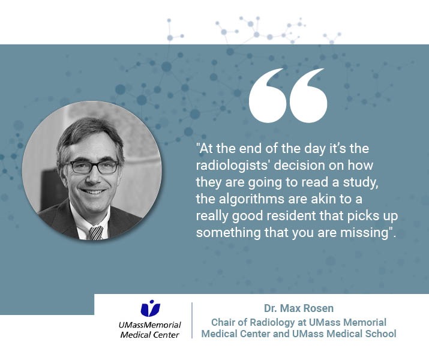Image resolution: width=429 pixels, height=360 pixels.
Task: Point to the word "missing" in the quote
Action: [x=364, y=233]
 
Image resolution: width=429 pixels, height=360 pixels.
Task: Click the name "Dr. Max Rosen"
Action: [x=298, y=308]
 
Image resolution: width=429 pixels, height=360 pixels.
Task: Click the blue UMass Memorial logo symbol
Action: [x=150, y=308]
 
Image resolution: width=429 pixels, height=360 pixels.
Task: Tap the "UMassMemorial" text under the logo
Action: [x=149, y=325]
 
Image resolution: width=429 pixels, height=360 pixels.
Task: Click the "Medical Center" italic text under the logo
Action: [x=149, y=335]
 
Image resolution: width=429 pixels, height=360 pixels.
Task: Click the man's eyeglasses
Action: [x=94, y=167]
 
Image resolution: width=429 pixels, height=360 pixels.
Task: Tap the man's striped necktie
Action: [x=96, y=233]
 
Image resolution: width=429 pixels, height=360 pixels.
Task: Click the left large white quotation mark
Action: [x=268, y=95]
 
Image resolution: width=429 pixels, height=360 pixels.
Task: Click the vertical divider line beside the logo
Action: [x=192, y=320]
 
